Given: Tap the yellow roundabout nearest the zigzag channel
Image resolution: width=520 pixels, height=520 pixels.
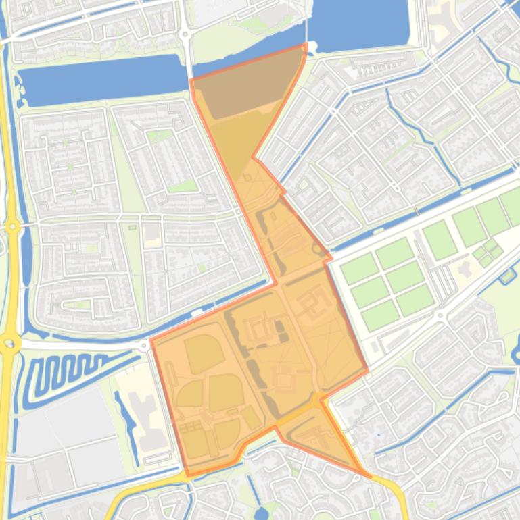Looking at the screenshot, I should pyautogui.click(x=9, y=344).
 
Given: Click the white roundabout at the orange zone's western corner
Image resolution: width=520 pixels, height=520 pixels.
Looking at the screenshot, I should pyautogui.click(x=145, y=345).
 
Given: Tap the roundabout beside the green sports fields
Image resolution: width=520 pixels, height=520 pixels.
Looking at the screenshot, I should pyautogui.click(x=440, y=315).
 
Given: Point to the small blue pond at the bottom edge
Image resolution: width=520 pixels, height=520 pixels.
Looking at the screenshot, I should pyautogui.click(x=262, y=513).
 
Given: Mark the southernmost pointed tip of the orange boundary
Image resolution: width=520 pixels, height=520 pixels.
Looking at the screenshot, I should pyautogui.click(x=369, y=476).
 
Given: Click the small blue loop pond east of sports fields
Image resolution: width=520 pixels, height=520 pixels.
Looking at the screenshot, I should pyautogui.click(x=507, y=276).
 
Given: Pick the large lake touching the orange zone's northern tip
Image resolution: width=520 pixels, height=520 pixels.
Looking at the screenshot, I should pyautogui.click(x=358, y=24).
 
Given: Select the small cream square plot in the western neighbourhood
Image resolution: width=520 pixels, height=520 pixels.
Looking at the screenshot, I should pyautogui.click(x=153, y=234).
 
